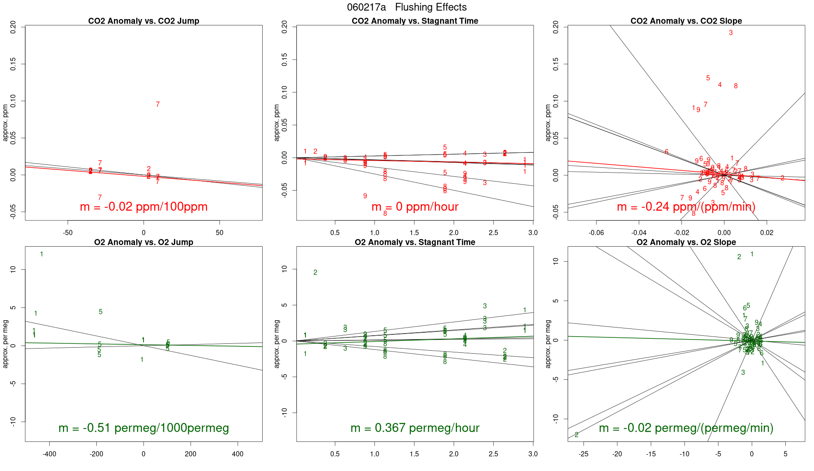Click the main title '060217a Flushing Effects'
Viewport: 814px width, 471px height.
pos(407,7)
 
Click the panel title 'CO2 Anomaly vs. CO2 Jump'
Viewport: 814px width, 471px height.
pos(144,21)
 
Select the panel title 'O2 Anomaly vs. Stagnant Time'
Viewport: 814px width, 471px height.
pos(415,242)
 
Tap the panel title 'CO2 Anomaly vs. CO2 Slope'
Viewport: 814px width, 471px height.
pos(686,21)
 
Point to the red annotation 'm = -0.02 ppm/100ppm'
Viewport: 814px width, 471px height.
pos(144,207)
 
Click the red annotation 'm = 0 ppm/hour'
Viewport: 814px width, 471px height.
pos(415,207)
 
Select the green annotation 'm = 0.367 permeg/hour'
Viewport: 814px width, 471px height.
pos(415,428)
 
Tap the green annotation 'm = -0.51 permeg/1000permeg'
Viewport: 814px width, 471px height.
pos(144,428)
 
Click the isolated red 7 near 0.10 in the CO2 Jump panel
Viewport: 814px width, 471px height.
pos(158,104)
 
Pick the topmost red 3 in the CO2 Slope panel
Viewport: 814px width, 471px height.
pos(730,33)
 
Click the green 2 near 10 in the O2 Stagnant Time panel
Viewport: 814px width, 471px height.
pos(315,273)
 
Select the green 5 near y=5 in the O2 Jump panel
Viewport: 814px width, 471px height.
pos(101,312)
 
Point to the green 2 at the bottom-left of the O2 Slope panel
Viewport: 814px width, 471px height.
pos(577,435)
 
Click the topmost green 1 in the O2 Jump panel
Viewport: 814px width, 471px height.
pos(42,254)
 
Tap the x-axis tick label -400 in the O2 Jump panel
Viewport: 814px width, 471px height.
pos(49,454)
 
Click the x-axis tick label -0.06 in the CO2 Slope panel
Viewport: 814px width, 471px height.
pos(596,233)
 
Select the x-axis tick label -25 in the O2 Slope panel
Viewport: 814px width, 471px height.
pos(583,454)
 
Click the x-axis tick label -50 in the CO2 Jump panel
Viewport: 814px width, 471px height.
pos(67,233)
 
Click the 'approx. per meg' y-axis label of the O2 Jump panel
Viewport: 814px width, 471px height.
pos(6,344)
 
